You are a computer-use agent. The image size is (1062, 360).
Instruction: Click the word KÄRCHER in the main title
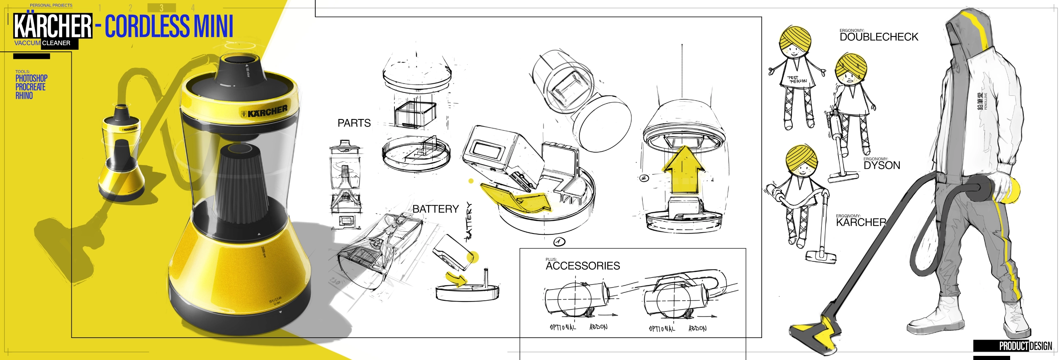pos(53,26)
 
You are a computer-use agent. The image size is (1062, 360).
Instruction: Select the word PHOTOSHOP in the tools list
pos(32,78)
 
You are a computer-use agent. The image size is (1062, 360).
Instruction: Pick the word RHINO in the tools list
pos(24,96)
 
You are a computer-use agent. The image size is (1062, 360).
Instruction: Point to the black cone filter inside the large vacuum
pos(242,187)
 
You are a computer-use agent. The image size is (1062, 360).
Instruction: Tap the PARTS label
pos(354,123)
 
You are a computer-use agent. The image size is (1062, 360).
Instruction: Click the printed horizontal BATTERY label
pos(435,209)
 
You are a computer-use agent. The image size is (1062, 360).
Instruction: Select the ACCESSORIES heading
pos(582,266)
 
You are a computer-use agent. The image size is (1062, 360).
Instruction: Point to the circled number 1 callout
pos(559,241)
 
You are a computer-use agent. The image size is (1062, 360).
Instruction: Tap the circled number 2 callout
pos(644,178)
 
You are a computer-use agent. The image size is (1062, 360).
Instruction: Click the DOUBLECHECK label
pos(879,37)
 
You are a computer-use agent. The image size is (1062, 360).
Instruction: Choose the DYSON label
pos(882,165)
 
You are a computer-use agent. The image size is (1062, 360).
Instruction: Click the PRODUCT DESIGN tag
pos(1025,345)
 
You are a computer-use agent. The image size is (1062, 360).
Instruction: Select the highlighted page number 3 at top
pos(161,8)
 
